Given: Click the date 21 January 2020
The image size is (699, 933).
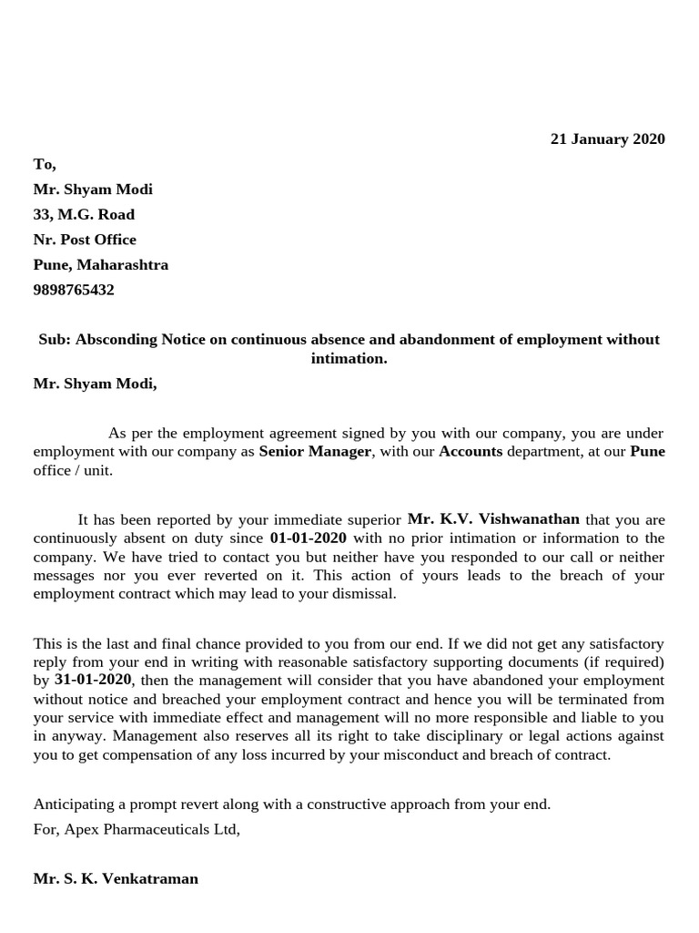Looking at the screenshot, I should tap(607, 139).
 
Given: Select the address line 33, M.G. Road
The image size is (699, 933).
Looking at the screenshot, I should tap(84, 215).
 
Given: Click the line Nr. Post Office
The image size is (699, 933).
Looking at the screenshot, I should tap(85, 240).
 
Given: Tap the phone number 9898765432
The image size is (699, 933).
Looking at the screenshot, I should tap(74, 291).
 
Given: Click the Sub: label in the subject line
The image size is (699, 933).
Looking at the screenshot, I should tap(54, 340).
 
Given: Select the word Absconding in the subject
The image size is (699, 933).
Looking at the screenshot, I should tap(116, 340).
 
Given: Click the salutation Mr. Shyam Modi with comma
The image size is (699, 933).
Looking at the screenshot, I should tap(95, 384).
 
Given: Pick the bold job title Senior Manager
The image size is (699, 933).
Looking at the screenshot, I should tap(315, 452).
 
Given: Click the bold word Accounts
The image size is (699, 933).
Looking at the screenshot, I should tap(471, 452).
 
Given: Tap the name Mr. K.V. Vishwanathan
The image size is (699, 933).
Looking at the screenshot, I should tap(493, 519).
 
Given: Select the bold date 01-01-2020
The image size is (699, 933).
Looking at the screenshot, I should tap(308, 538).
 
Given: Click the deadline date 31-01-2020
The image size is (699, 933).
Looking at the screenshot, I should tap(93, 681).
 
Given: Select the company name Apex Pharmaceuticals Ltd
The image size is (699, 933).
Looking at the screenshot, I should tap(150, 830).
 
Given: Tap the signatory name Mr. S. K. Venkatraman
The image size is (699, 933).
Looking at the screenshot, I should tap(116, 879).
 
